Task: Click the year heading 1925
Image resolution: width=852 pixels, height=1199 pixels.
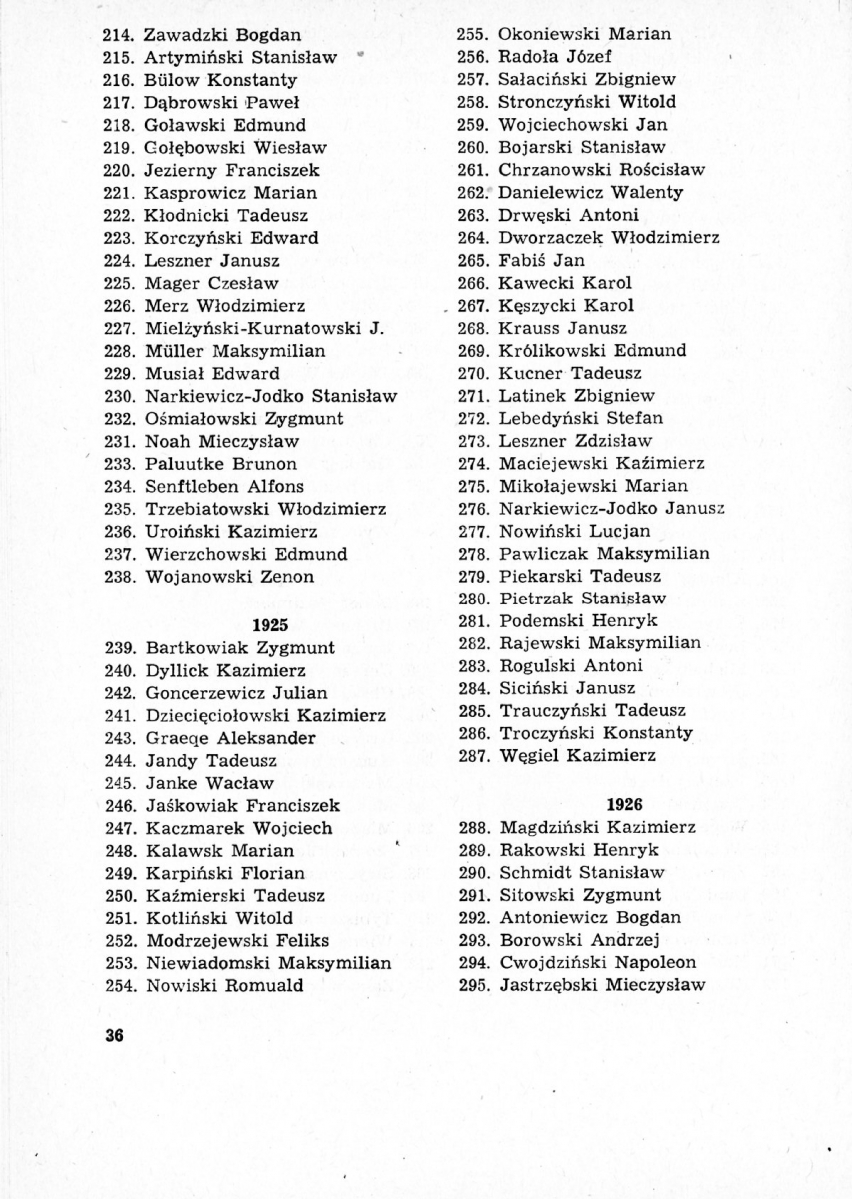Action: pyautogui.click(x=269, y=624)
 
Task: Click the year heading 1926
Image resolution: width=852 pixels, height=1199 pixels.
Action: pyautogui.click(x=625, y=804)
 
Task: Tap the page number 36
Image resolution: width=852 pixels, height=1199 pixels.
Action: pyautogui.click(x=113, y=1035)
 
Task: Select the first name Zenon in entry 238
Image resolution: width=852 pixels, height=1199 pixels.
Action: pyautogui.click(x=288, y=576)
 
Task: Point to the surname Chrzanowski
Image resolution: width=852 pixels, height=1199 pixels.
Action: pyautogui.click(x=553, y=169)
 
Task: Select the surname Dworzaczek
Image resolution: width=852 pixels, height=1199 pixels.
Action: pyautogui.click(x=547, y=238)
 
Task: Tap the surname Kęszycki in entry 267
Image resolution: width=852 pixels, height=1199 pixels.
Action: pyautogui.click(x=537, y=305)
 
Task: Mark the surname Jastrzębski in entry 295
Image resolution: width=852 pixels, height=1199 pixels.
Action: pyautogui.click(x=549, y=985)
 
